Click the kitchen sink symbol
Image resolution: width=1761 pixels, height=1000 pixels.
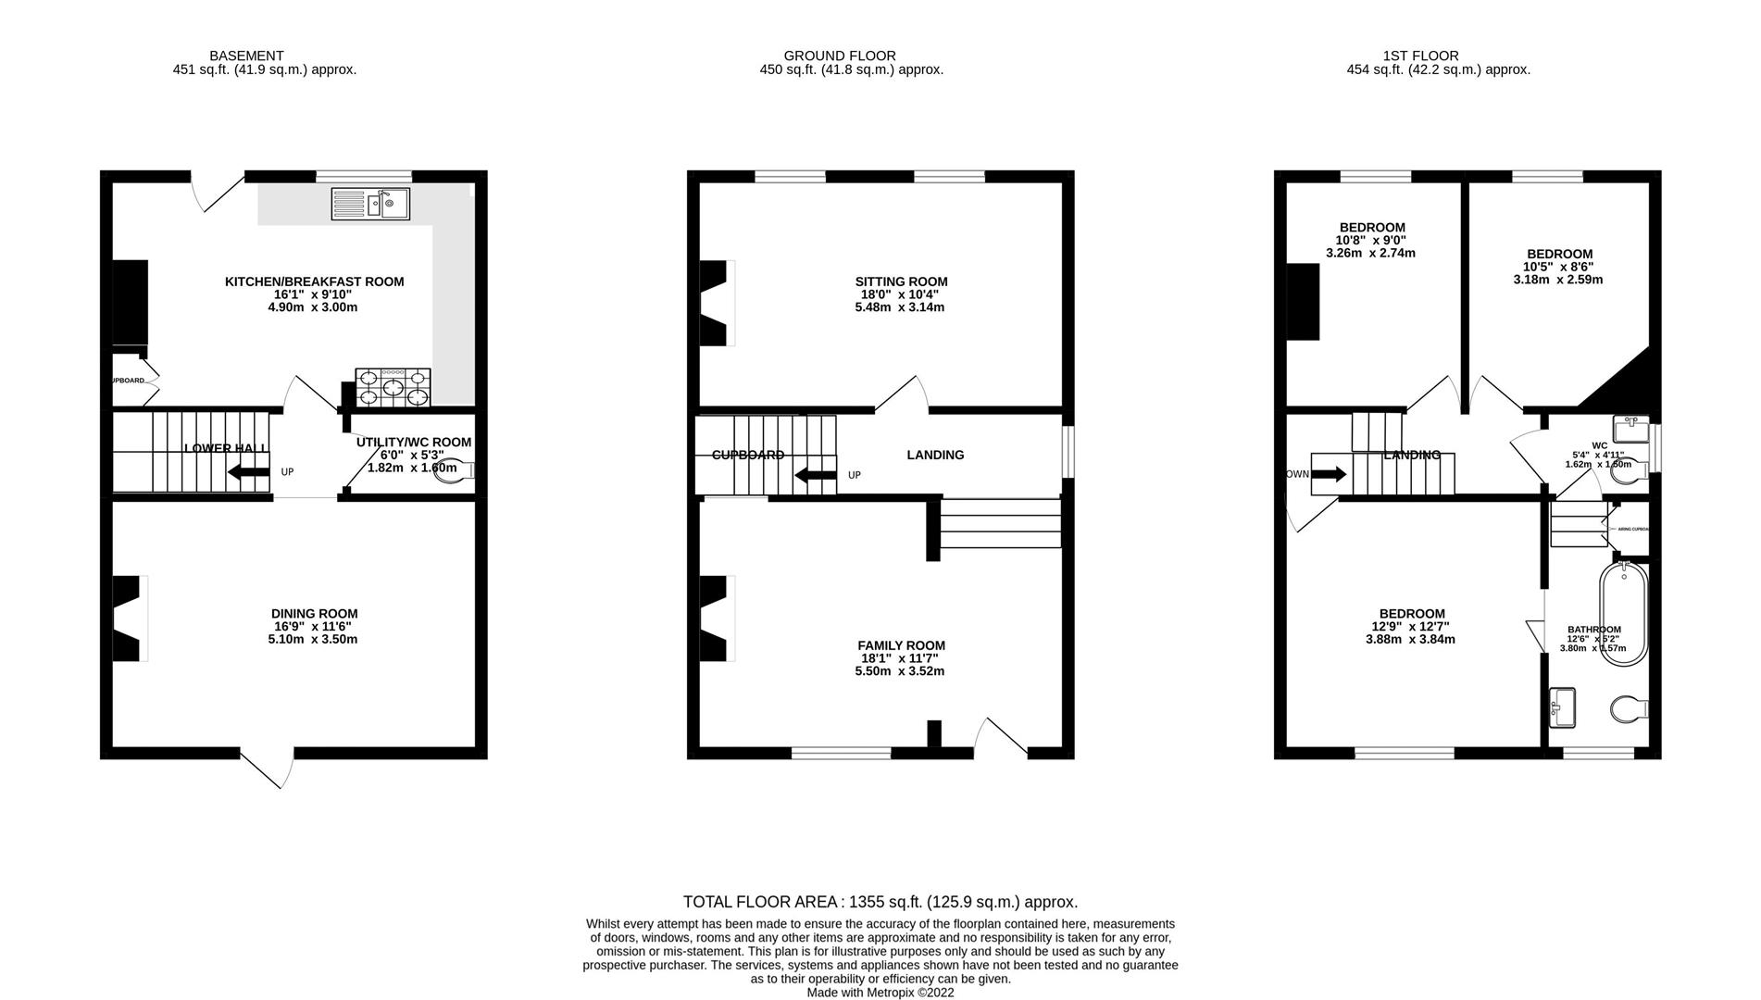370,204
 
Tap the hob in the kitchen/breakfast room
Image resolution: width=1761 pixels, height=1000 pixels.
393,388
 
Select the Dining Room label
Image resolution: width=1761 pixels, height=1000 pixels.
314,613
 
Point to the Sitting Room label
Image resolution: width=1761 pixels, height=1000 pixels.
901,281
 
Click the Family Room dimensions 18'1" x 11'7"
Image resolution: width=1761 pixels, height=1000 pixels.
900,658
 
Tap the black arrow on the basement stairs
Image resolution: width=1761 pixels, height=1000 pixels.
248,472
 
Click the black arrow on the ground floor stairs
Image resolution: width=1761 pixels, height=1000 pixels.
815,476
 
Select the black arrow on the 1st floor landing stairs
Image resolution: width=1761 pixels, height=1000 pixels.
1329,475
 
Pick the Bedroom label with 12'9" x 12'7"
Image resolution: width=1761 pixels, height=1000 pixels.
1411,613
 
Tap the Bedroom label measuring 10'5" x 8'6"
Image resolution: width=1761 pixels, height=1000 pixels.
1559,254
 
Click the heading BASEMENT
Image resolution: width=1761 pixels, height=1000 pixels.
246,56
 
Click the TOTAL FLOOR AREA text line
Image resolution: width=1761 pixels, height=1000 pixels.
880,902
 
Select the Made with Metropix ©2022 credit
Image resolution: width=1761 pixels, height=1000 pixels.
880,993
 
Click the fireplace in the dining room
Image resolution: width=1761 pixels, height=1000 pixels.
128,619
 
